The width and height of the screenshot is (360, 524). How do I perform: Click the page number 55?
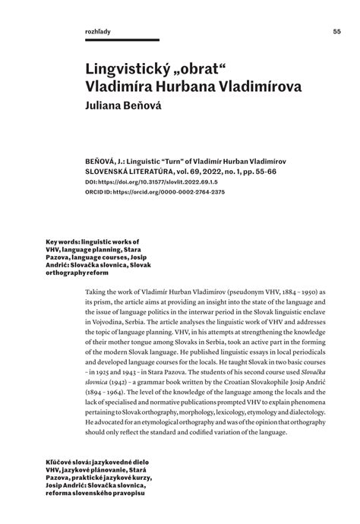click(336, 31)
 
